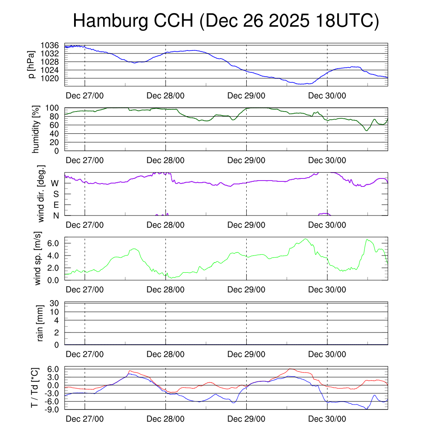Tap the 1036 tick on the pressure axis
click(52, 45)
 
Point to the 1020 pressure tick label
click(52, 78)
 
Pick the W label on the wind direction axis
click(55, 183)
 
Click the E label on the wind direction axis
click(56, 205)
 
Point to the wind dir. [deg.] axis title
click(41, 194)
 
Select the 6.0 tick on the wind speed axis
click(53, 243)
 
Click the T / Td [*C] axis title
click(35, 388)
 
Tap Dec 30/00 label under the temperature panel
click(327, 419)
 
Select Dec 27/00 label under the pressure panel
click(85, 96)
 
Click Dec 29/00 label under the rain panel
click(246, 354)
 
